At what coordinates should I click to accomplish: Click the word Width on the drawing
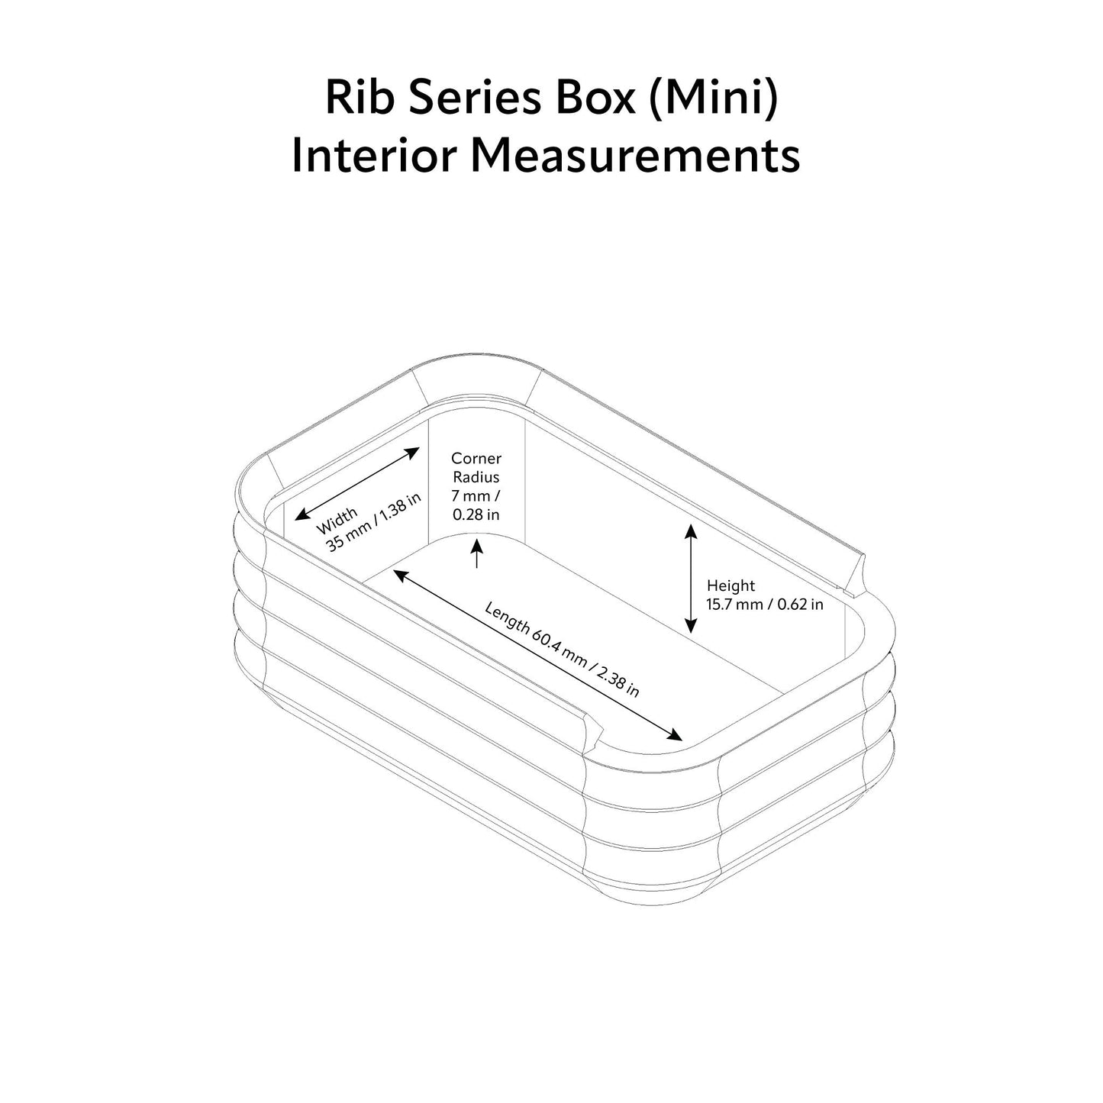[x=336, y=521]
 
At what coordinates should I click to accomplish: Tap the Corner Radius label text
[x=476, y=467]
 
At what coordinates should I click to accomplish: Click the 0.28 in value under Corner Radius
[x=476, y=514]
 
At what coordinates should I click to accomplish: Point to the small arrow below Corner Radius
[x=477, y=553]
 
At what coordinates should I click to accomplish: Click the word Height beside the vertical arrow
[x=730, y=585]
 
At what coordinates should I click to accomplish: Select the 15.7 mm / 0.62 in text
[x=765, y=605]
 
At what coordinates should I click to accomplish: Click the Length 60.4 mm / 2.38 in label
[x=562, y=649]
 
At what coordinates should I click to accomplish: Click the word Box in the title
[x=601, y=98]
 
